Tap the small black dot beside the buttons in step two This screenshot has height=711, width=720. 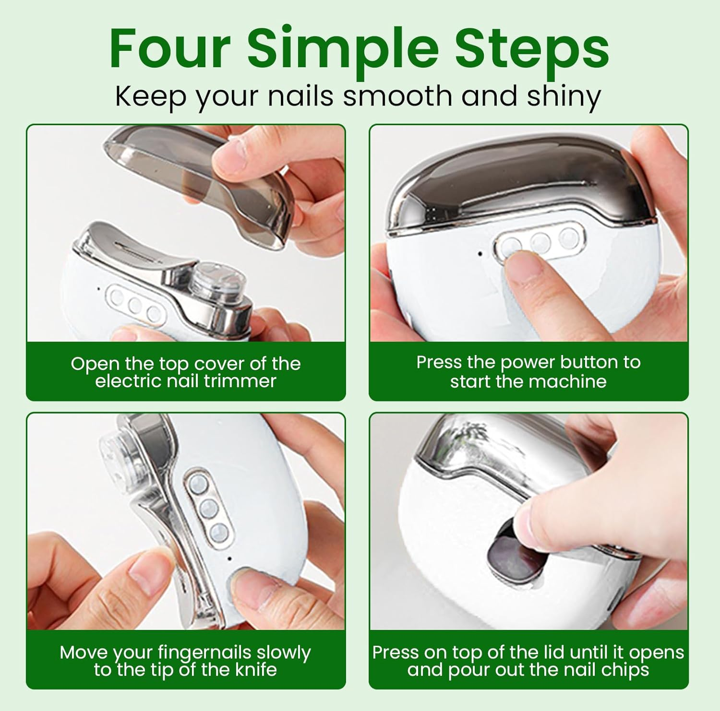[480, 253]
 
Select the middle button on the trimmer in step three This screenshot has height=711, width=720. [208, 508]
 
